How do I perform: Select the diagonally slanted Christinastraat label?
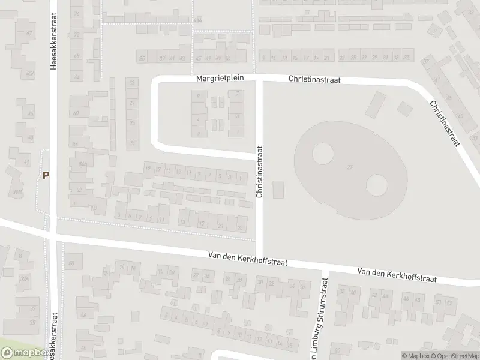click(x=444, y=122)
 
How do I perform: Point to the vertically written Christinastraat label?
click(x=260, y=172)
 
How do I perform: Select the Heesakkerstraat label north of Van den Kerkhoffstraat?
click(x=53, y=42)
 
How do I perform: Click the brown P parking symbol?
click(x=46, y=176)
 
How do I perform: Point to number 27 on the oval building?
click(x=349, y=167)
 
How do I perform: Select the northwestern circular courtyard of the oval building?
click(x=322, y=153)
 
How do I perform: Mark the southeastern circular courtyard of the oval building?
click(x=376, y=184)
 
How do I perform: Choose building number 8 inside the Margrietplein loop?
click(x=198, y=95)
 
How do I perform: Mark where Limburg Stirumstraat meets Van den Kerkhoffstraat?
click(x=325, y=268)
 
